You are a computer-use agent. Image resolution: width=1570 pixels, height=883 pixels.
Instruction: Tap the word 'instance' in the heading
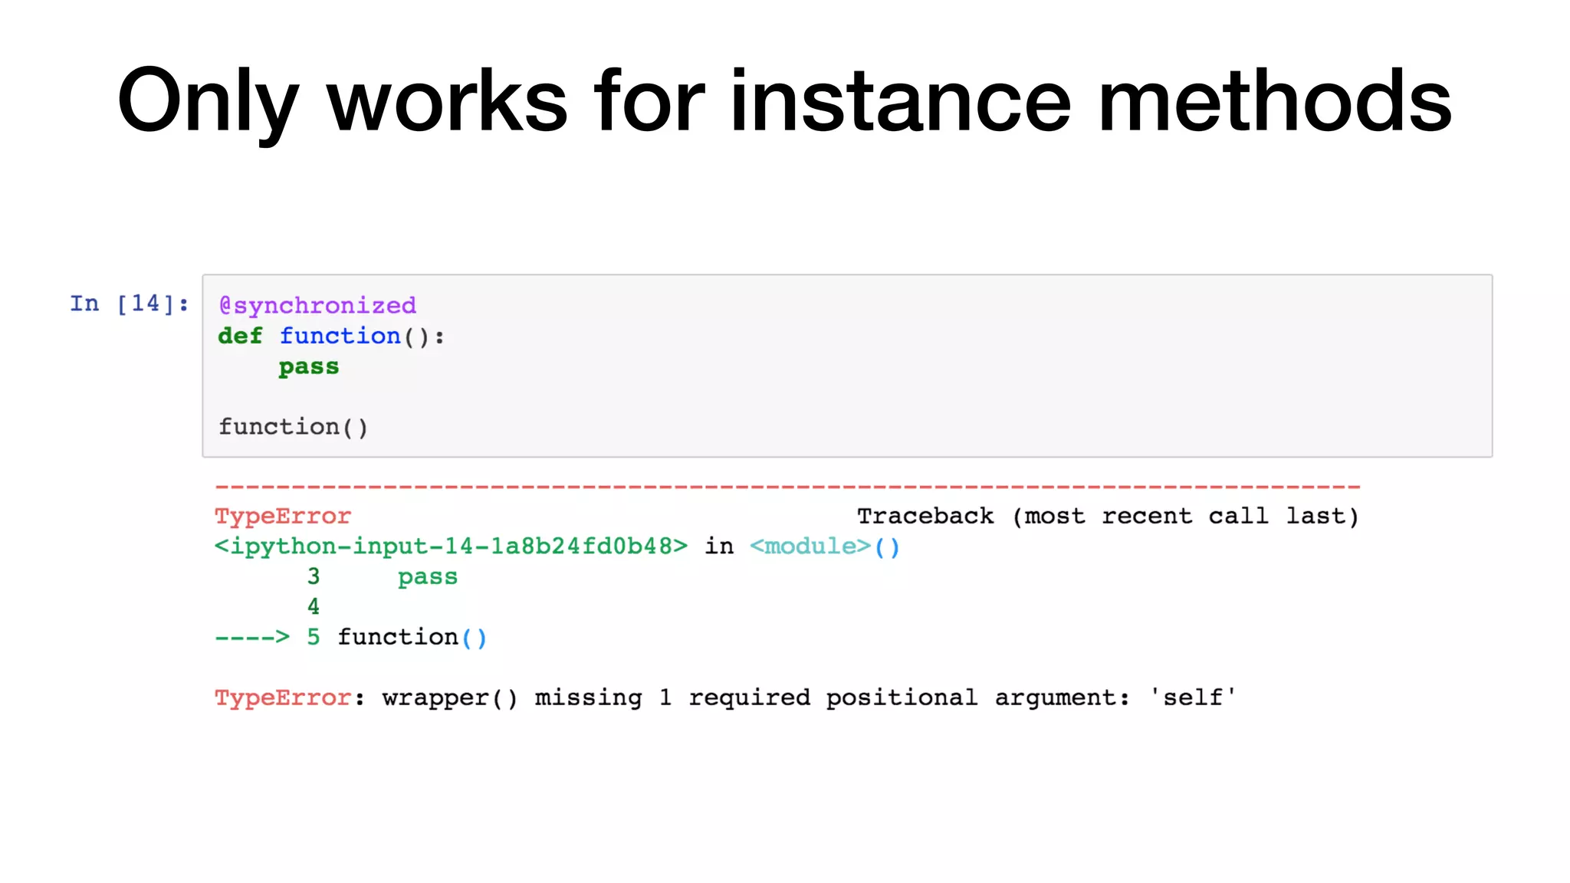tap(900, 101)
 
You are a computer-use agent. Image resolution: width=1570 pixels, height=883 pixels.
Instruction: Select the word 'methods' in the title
tap(1274, 101)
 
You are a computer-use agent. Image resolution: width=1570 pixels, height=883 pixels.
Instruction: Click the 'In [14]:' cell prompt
tap(129, 304)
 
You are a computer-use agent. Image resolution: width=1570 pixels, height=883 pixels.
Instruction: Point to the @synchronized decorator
tap(317, 306)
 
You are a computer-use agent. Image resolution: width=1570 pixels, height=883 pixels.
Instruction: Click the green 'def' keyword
tap(240, 336)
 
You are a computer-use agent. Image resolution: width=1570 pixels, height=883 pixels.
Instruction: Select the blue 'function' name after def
tap(340, 336)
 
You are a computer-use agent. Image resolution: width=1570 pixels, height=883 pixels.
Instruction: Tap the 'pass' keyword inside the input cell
tap(308, 366)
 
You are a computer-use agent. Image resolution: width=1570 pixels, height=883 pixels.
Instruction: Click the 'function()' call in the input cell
tap(293, 427)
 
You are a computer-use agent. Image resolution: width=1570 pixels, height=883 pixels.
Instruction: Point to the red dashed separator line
tap(787, 487)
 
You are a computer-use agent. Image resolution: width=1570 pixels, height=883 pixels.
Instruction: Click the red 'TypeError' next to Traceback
tap(283, 517)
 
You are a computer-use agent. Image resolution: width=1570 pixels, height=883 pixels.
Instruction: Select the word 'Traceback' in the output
tap(925, 517)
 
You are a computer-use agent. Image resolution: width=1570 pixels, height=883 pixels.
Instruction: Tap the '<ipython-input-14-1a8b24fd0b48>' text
tap(451, 547)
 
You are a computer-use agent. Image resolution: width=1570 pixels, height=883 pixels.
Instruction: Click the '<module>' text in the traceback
tap(810, 547)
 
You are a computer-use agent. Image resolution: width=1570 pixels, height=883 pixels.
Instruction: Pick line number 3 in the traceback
tap(314, 576)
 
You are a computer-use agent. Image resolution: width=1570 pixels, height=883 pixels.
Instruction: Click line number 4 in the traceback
tap(314, 607)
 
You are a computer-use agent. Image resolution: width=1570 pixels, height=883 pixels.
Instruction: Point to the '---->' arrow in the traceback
tap(252, 638)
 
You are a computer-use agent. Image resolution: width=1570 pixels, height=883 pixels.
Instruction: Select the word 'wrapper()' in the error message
tap(450, 698)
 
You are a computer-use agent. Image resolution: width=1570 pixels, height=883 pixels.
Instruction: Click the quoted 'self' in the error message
tap(1192, 698)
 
